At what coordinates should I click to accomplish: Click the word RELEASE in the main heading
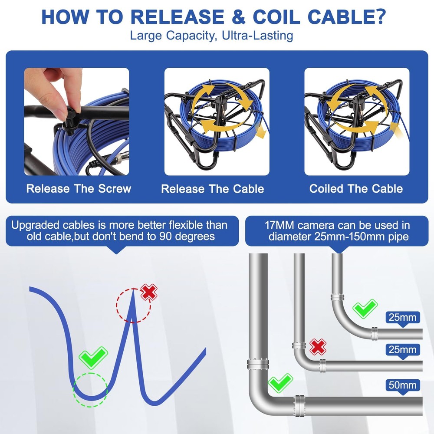[x=178, y=17]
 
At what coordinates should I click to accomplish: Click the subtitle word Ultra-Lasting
[x=257, y=36]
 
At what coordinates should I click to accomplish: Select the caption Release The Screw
[x=79, y=188]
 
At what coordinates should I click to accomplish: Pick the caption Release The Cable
[x=213, y=189]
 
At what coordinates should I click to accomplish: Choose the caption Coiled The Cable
[x=356, y=188]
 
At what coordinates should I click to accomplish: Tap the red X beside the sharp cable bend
[x=149, y=292]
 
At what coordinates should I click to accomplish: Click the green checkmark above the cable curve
[x=93, y=357]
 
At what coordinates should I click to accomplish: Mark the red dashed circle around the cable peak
[x=116, y=306]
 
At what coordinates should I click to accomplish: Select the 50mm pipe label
[x=402, y=385]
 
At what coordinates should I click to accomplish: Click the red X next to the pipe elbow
[x=318, y=346]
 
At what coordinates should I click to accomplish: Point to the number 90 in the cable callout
[x=166, y=237]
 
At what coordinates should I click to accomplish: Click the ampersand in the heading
[x=239, y=17]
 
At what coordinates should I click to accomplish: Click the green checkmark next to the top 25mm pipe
[x=365, y=308]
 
